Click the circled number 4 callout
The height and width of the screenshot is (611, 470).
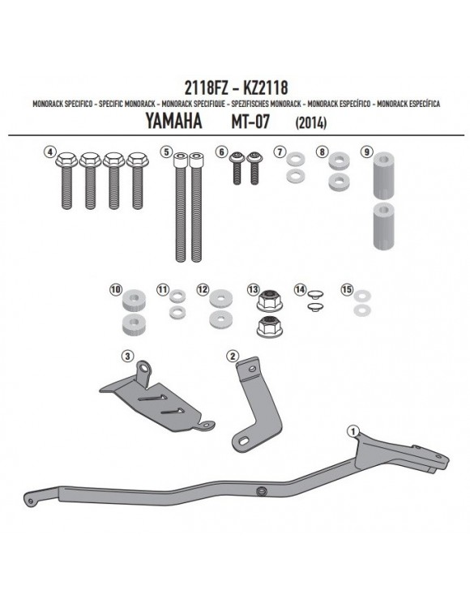pyautogui.click(x=50, y=152)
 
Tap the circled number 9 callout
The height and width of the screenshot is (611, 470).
pyautogui.click(x=367, y=152)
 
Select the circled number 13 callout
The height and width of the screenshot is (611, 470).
pyautogui.click(x=254, y=289)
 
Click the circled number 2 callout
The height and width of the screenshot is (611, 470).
pyautogui.click(x=232, y=355)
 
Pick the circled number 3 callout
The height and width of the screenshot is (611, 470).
pyautogui.click(x=126, y=355)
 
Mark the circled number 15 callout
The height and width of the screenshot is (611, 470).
pyautogui.click(x=348, y=289)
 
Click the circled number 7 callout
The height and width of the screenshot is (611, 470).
pyautogui.click(x=280, y=152)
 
